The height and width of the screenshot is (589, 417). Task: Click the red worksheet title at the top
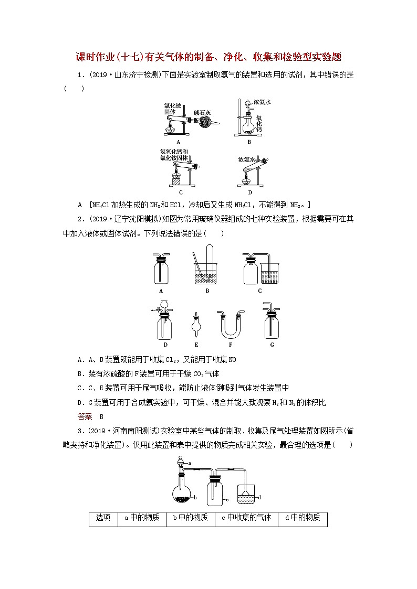pos(208,57)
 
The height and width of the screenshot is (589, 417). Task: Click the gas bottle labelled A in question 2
pos(161,271)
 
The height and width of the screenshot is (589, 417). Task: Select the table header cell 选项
pos(103,518)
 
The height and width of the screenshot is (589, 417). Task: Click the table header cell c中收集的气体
pos(246,518)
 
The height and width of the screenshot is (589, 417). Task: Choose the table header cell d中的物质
pos(303,518)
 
